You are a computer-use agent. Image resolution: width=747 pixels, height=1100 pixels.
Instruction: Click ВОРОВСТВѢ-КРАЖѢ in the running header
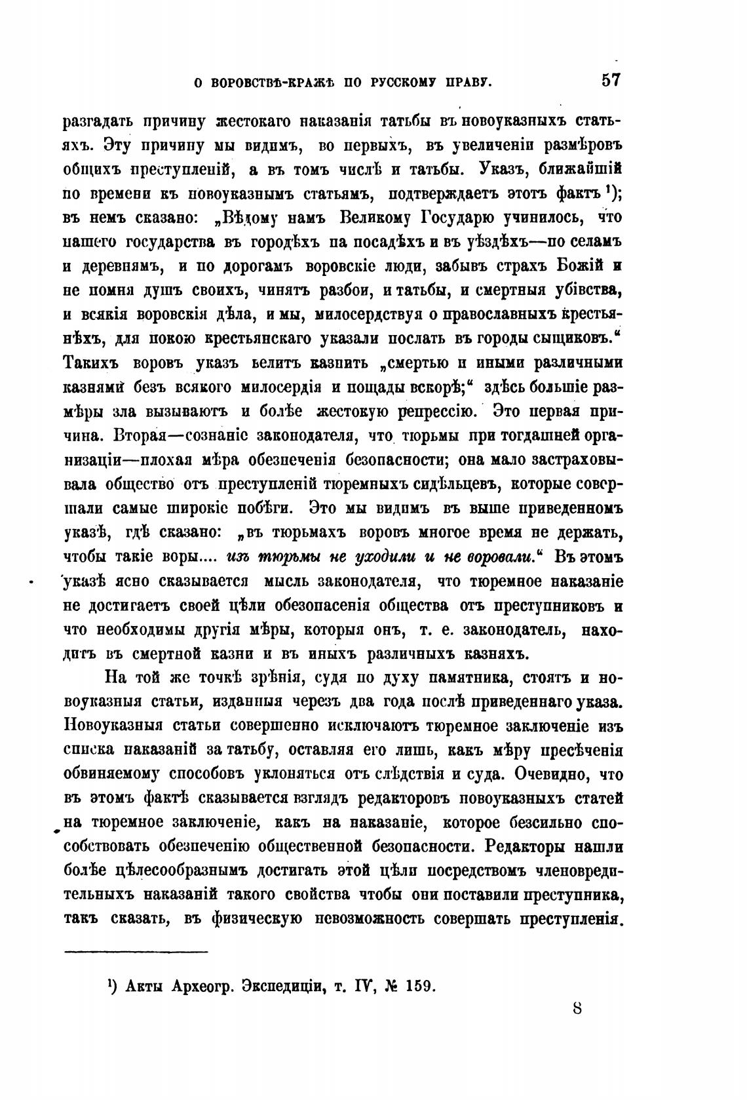(x=265, y=83)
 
